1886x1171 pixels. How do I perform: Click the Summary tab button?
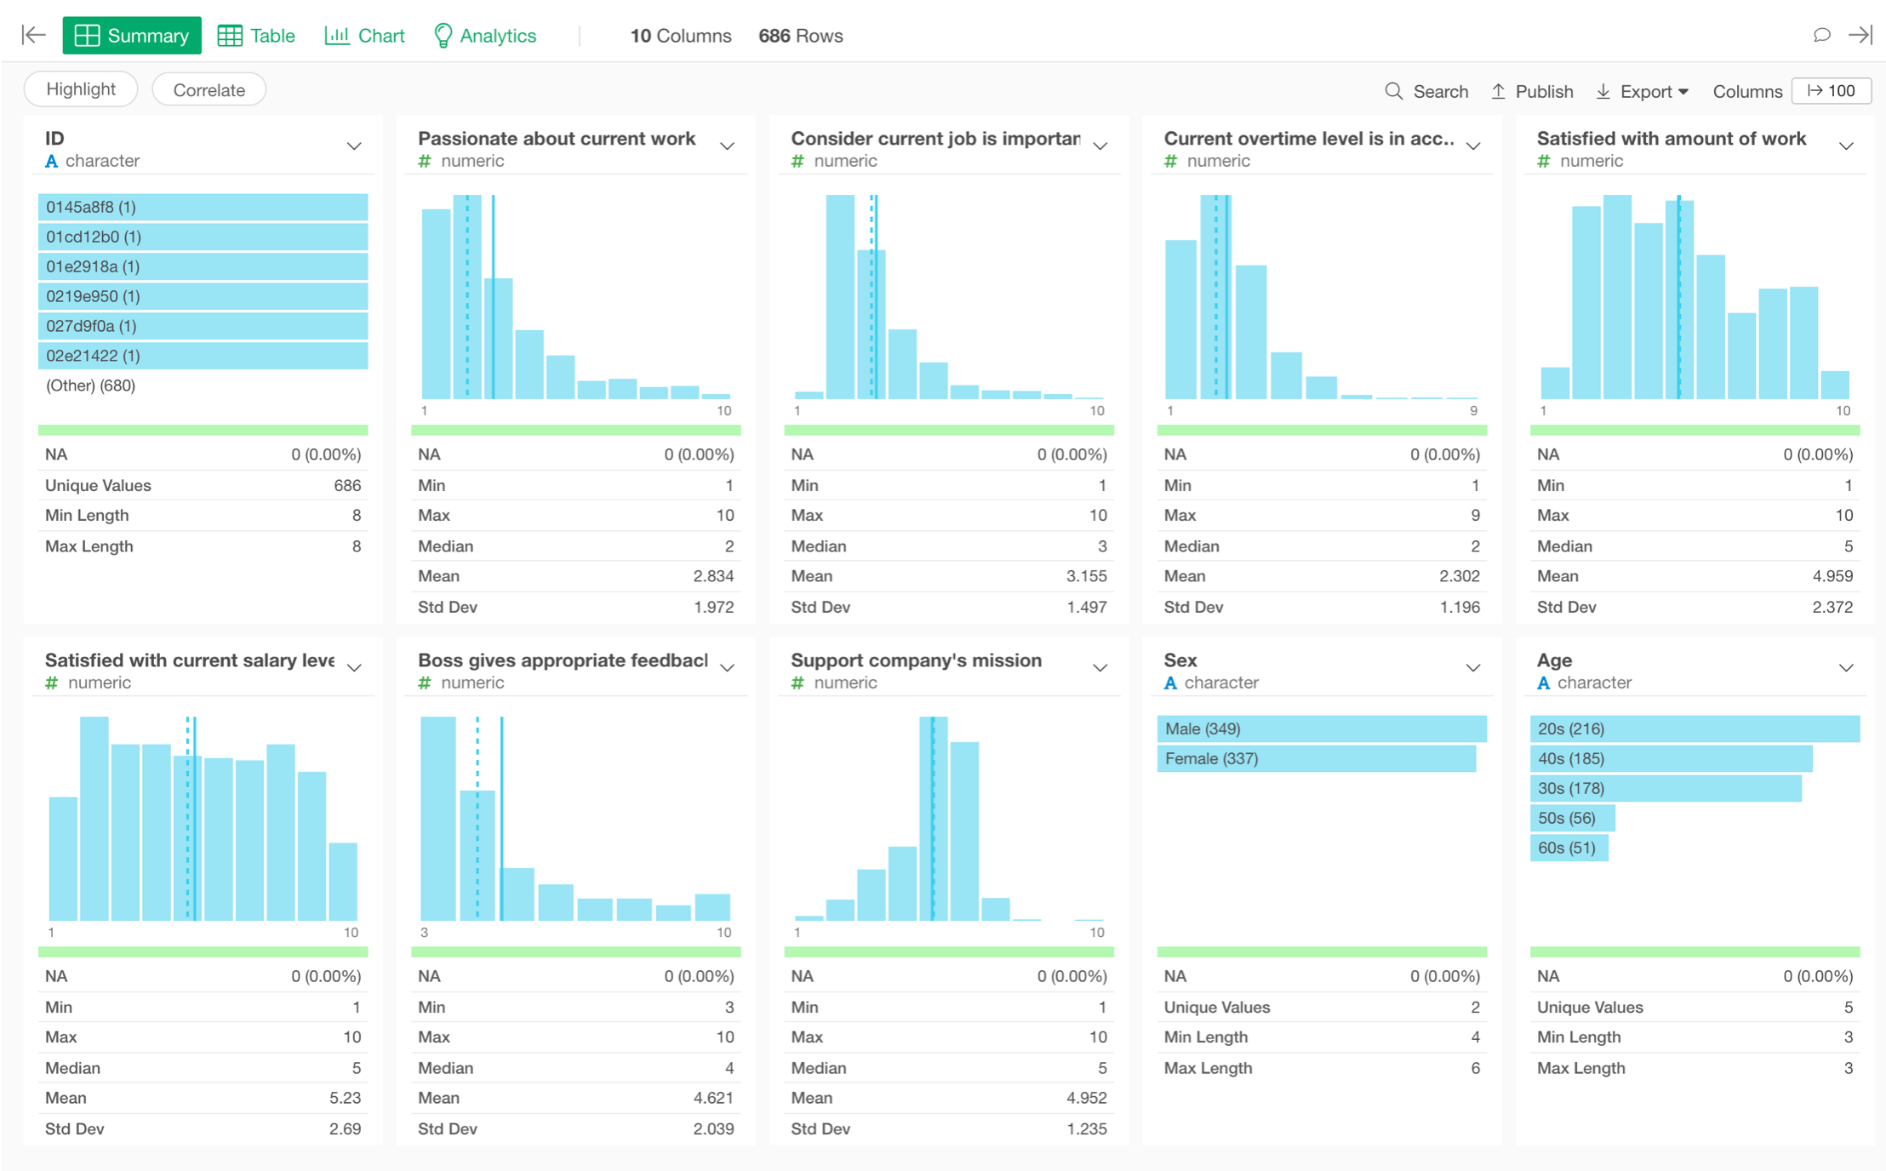point(132,36)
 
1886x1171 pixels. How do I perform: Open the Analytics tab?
point(485,36)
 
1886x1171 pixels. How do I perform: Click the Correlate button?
point(209,90)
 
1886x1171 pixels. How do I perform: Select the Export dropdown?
point(1643,91)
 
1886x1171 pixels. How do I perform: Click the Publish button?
point(1533,91)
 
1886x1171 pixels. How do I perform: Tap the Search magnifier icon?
point(1393,91)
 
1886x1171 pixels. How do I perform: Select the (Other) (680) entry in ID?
point(91,386)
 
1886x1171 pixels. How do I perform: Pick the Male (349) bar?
point(1321,728)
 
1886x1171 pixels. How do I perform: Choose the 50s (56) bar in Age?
point(1571,818)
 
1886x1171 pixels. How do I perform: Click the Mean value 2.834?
point(713,576)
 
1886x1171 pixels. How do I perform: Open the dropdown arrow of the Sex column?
point(1472,668)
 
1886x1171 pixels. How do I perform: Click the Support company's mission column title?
point(916,660)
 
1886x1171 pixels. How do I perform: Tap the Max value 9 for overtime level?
point(1474,515)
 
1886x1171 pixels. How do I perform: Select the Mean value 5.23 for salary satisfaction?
point(345,1098)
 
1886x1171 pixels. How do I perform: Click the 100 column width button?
point(1832,91)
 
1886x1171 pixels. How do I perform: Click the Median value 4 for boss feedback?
point(729,1067)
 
